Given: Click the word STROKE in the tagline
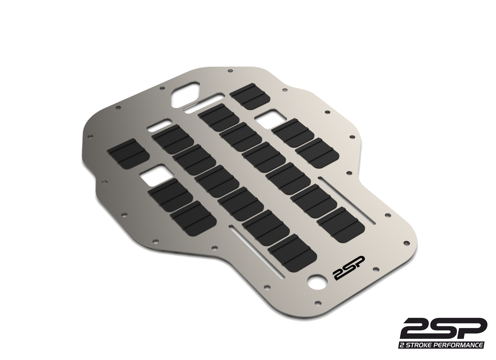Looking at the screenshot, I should coord(423,345).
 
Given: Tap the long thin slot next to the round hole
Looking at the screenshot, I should coord(256,252).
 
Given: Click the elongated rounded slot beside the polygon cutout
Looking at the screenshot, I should coord(205,103).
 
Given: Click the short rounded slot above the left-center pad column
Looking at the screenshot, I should coord(159,124).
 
